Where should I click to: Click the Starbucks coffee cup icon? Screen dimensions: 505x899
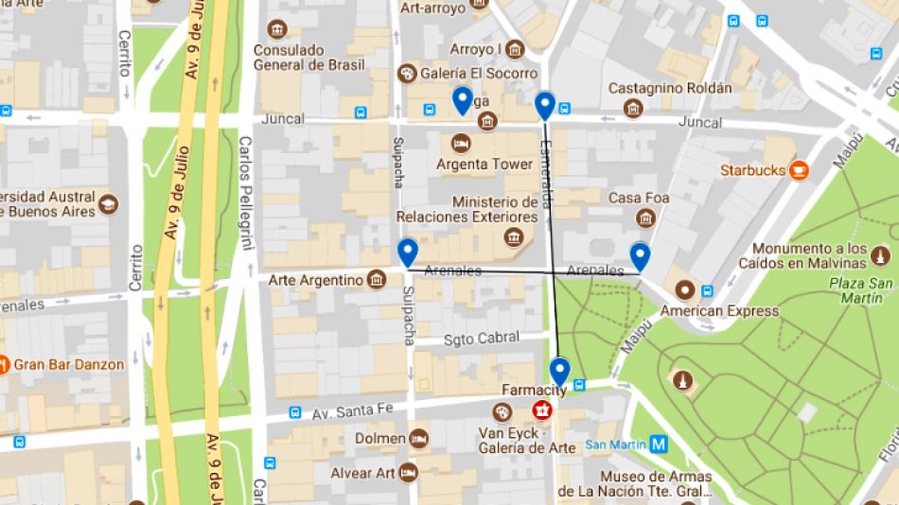(x=801, y=170)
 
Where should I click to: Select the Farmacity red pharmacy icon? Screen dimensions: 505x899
(x=543, y=410)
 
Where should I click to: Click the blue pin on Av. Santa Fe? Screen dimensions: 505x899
(x=560, y=372)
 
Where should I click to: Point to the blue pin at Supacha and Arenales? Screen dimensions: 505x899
(x=408, y=252)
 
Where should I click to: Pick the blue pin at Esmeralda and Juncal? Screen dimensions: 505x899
(x=544, y=105)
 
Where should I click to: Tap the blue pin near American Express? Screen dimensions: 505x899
(x=641, y=256)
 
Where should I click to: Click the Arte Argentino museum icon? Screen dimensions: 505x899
(x=377, y=280)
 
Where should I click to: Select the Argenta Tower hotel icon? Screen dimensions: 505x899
(x=461, y=143)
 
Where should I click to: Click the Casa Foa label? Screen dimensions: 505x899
(x=638, y=198)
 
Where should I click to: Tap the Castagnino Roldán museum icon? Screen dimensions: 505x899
(x=633, y=110)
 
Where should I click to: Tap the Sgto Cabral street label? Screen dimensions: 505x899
(x=482, y=338)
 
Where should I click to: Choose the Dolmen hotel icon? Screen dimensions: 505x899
(x=418, y=438)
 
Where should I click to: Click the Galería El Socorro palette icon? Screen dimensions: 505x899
(x=408, y=74)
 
